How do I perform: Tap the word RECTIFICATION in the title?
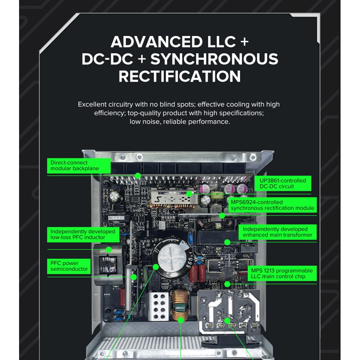click(x=180, y=76)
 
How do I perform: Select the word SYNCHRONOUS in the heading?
click(x=214, y=59)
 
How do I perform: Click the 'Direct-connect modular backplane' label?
click(x=79, y=166)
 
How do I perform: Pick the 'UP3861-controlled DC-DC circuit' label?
click(x=283, y=184)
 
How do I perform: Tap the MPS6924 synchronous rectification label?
click(x=272, y=205)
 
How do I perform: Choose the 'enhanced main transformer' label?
click(x=278, y=232)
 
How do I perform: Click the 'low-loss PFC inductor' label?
click(x=83, y=234)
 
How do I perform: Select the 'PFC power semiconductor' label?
click(x=69, y=266)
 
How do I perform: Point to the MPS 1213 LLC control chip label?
click(x=282, y=274)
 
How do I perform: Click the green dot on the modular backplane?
click(x=138, y=176)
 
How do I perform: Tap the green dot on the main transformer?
click(x=227, y=242)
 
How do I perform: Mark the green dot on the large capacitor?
click(x=156, y=267)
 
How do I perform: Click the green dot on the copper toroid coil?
click(x=181, y=320)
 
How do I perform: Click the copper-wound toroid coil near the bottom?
click(x=180, y=305)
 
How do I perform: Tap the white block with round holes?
click(x=158, y=306)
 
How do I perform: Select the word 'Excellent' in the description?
click(x=92, y=104)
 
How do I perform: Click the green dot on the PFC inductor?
click(x=109, y=249)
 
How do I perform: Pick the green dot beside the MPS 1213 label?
click(x=227, y=284)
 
